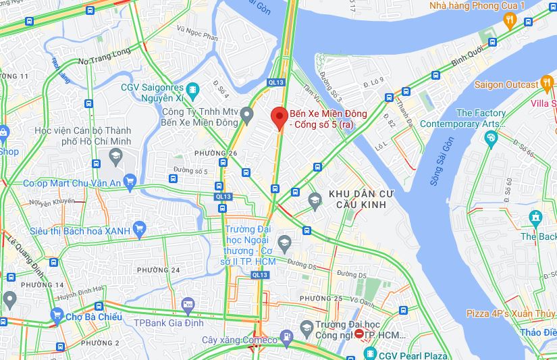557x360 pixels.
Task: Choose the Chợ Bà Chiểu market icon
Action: [57, 316]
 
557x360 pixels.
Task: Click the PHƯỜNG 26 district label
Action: [215, 153]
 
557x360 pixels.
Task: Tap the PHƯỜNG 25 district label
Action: [321, 299]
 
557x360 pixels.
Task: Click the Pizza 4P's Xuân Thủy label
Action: [510, 314]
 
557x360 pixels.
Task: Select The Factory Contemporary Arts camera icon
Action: [491, 138]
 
